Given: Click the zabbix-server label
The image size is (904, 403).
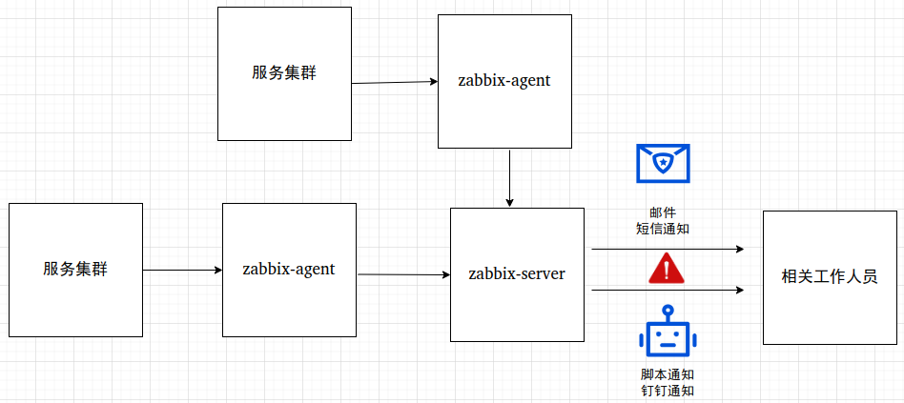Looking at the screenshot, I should (517, 274).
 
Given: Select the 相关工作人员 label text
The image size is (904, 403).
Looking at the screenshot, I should (829, 277).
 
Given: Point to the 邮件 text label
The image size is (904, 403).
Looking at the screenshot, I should (662, 213).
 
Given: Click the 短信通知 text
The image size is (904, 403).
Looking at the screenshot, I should (662, 229).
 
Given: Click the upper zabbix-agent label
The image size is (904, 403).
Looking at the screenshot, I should (504, 81).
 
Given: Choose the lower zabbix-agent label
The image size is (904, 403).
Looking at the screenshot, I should (289, 269).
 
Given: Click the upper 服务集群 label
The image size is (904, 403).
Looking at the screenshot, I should (284, 73).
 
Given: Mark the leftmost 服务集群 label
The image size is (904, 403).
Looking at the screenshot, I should (75, 269).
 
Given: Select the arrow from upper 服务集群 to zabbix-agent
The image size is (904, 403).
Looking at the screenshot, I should (394, 83).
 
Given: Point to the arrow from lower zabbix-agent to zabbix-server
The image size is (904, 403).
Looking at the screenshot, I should (403, 275).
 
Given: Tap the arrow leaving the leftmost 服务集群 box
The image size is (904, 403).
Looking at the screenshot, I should (182, 270).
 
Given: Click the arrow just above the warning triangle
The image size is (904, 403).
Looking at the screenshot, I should (668, 249).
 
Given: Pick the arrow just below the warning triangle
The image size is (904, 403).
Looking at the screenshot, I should (668, 290).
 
